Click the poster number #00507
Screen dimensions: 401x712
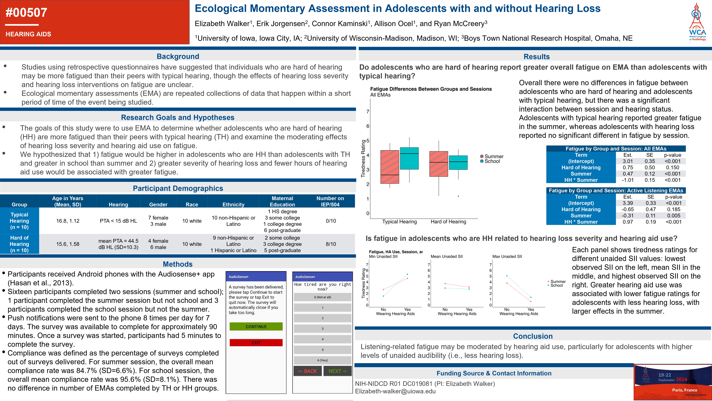(27, 13)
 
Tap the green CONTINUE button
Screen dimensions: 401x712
(256, 327)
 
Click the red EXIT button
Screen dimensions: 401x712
(256, 343)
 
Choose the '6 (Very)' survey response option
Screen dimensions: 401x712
(322, 360)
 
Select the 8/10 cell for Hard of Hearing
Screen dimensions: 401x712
(331, 244)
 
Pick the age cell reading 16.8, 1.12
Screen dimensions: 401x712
(68, 221)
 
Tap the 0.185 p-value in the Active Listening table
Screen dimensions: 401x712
(674, 209)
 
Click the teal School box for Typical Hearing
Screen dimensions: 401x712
(409, 158)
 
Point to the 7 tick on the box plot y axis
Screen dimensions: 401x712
(368, 112)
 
